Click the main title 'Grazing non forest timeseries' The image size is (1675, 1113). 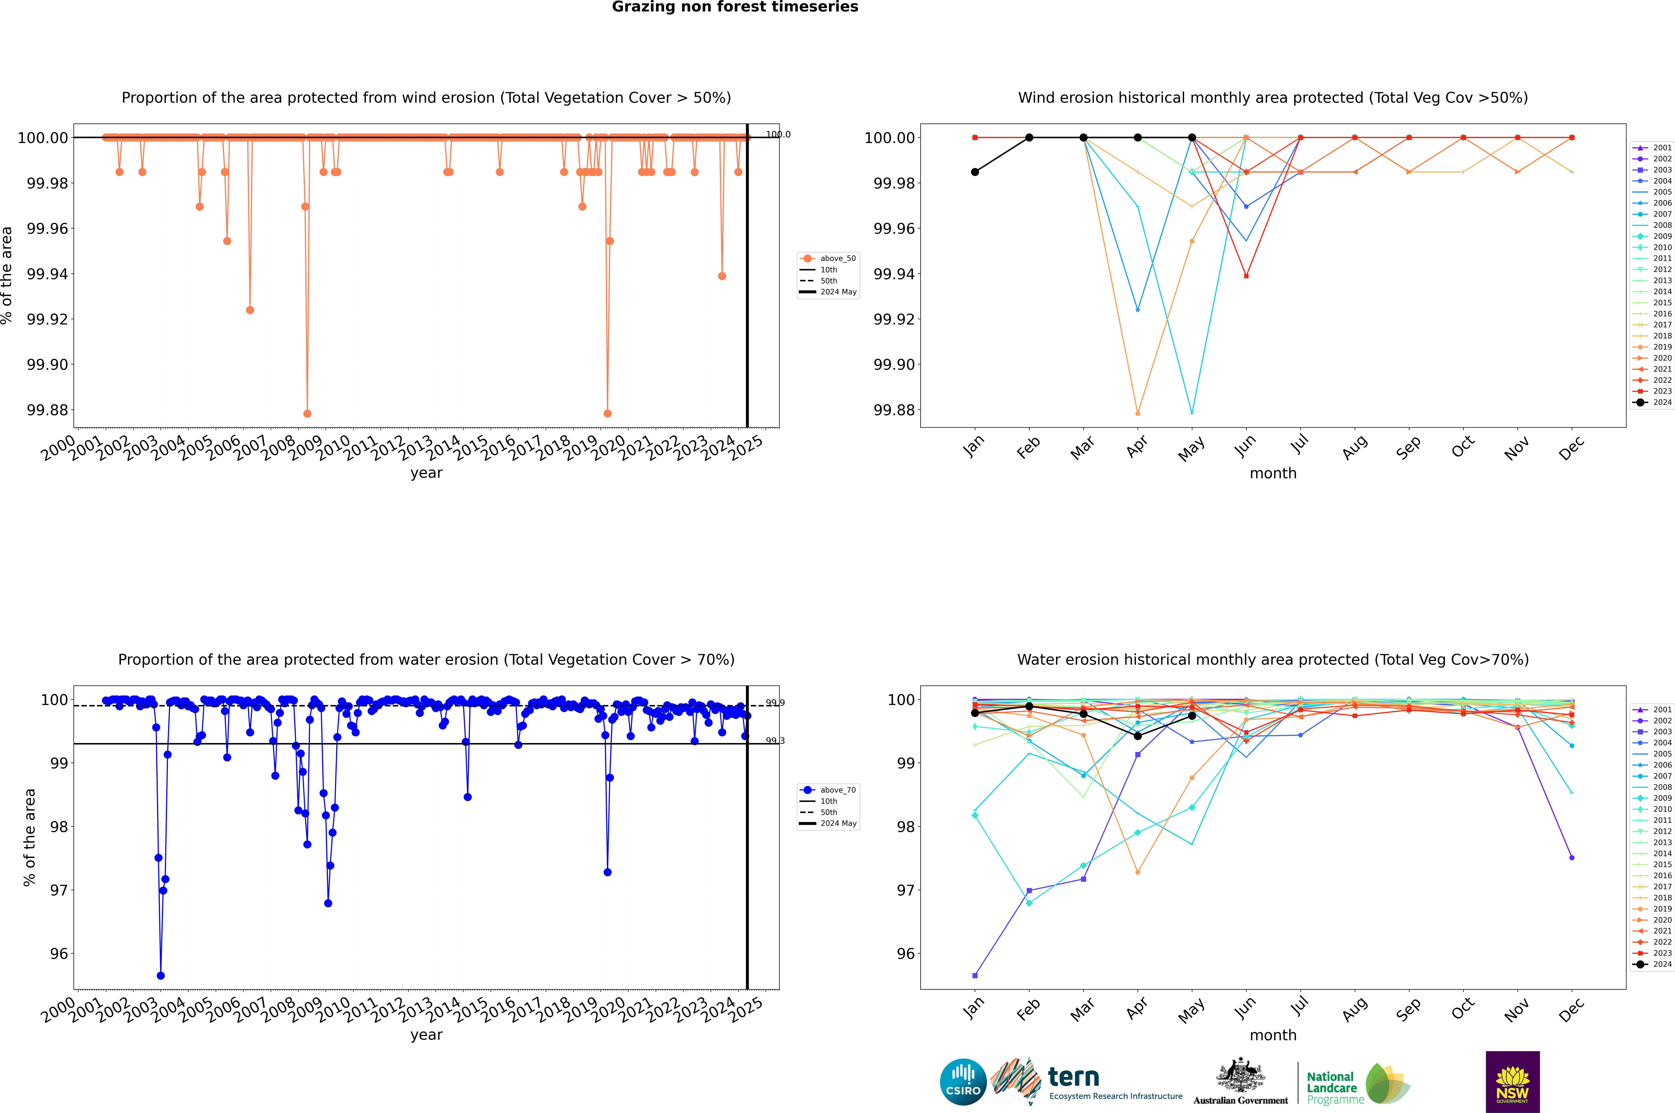pos(735,7)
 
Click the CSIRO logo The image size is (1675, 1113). pos(963,1082)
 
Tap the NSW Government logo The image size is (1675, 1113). pos(1512,1082)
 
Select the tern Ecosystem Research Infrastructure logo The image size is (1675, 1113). pos(1086,1082)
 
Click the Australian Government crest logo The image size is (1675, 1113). pos(1240,1082)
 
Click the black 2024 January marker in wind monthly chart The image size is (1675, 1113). pos(975,172)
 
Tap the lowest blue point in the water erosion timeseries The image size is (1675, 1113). pos(161,975)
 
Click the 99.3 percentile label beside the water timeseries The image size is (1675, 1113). pos(775,741)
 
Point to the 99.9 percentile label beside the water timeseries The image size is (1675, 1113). pos(775,703)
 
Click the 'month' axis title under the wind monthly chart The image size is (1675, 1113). pos(1272,474)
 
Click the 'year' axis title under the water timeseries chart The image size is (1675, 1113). pos(426,1035)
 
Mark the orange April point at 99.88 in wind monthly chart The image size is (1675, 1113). pos(1138,413)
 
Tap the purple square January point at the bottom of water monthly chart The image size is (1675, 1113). pos(975,975)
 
